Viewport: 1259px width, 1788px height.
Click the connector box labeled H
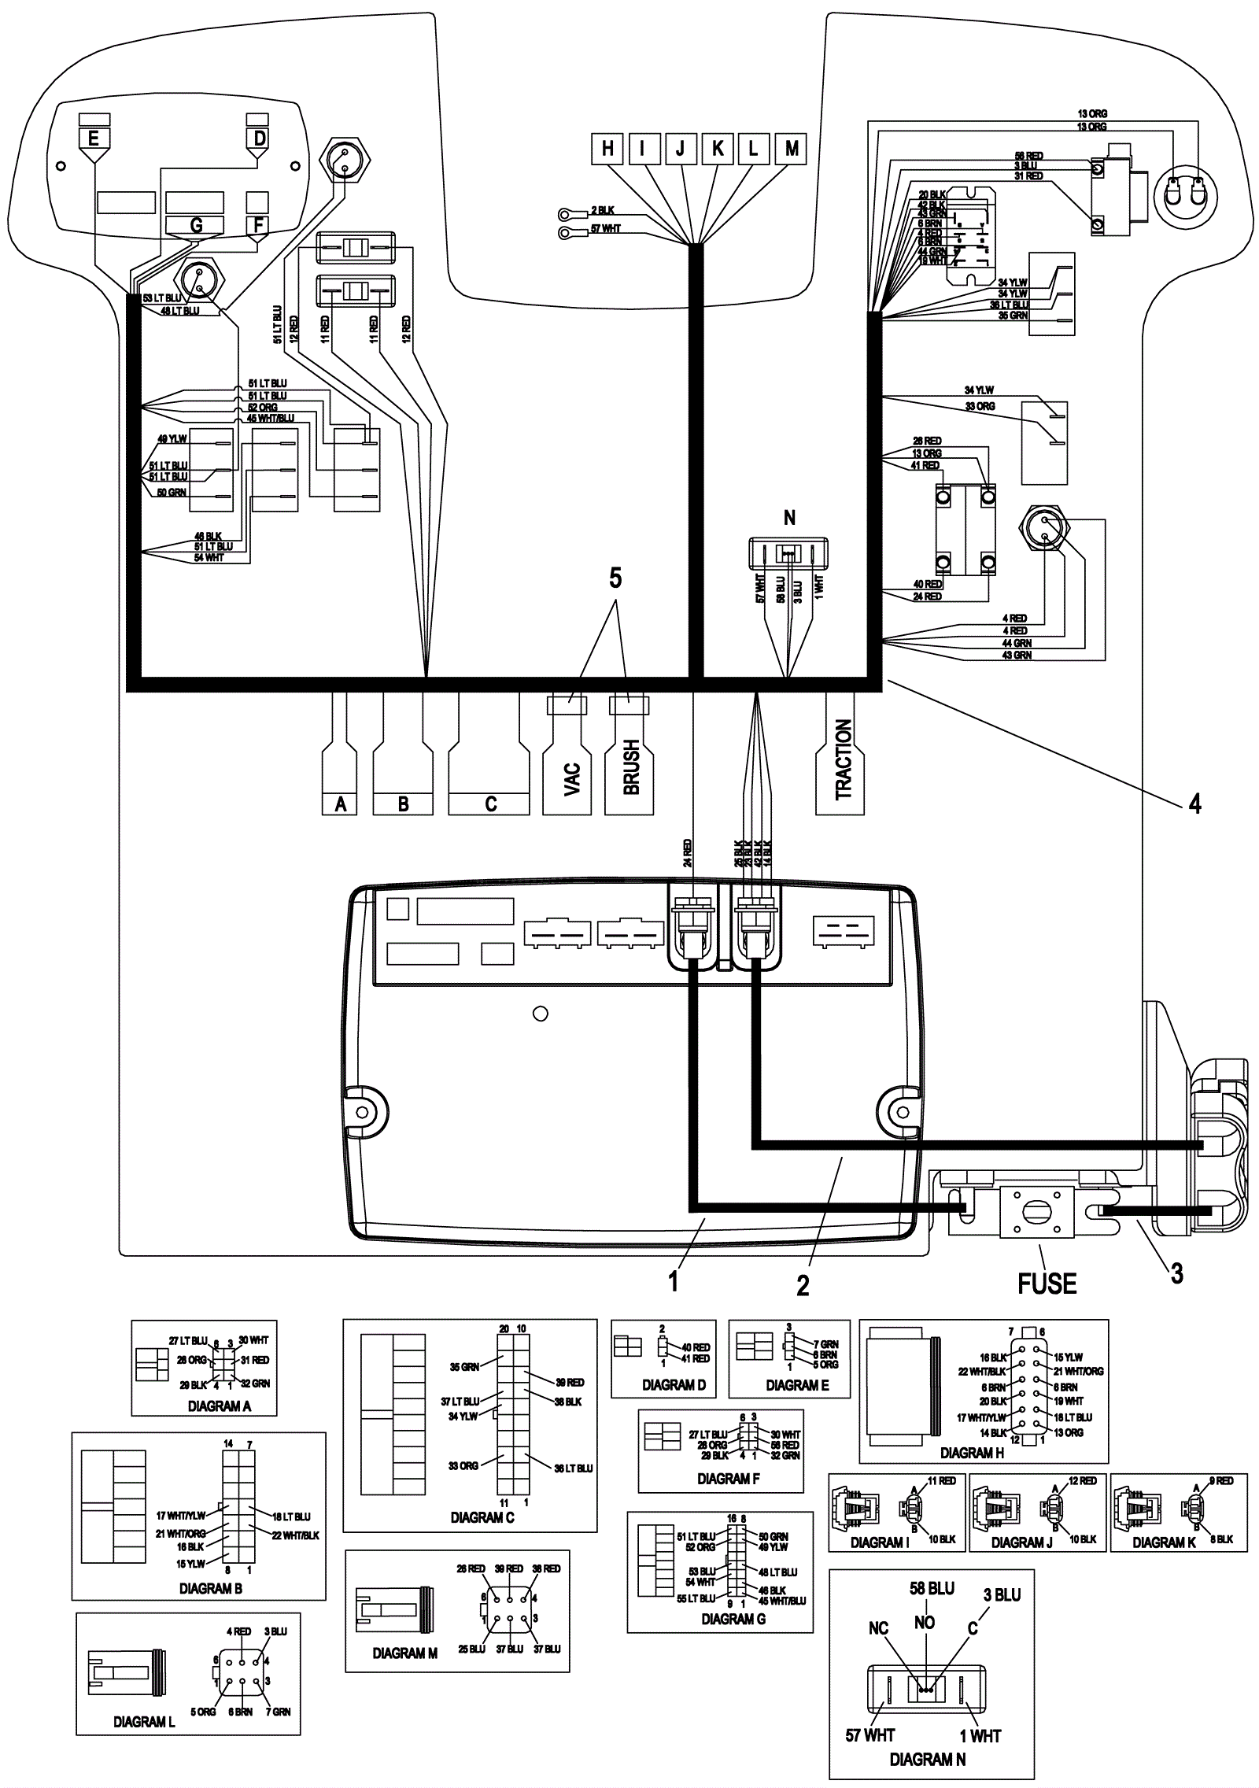pyautogui.click(x=607, y=148)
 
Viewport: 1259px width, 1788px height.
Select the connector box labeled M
pyautogui.click(x=791, y=148)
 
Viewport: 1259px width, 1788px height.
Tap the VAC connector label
pyautogui.click(x=572, y=779)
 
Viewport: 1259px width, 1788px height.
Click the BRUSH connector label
pyautogui.click(x=631, y=768)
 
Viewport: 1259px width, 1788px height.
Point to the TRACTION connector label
pyautogui.click(x=844, y=759)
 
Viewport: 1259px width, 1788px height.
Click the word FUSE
pyautogui.click(x=1047, y=1284)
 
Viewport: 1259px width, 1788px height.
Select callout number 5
pyautogui.click(x=615, y=578)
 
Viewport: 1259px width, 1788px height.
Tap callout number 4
pyautogui.click(x=1194, y=803)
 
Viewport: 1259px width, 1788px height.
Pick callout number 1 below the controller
pyautogui.click(x=673, y=1282)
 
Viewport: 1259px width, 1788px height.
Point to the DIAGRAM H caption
pyautogui.click(x=972, y=1453)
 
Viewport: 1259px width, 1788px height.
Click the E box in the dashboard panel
pyautogui.click(x=94, y=139)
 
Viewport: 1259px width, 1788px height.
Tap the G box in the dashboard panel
pyautogui.click(x=195, y=226)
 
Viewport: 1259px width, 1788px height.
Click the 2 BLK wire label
pyautogui.click(x=603, y=211)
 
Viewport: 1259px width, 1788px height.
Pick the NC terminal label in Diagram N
pyautogui.click(x=878, y=1628)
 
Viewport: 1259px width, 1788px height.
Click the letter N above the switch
pyautogui.click(x=789, y=518)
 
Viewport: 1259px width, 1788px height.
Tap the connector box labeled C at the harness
pyautogui.click(x=490, y=804)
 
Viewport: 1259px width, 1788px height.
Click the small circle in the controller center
pyautogui.click(x=541, y=1014)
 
